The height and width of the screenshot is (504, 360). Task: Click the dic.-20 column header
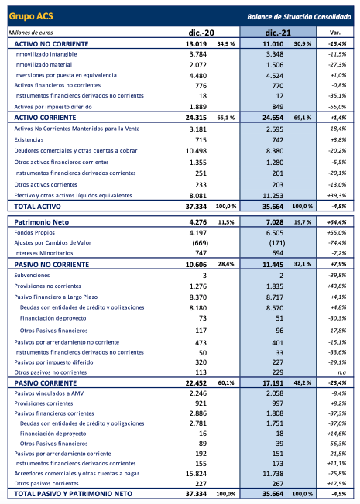coord(201,33)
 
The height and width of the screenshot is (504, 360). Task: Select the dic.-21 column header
coord(276,33)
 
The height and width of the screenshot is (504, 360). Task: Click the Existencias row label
coord(30,139)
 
